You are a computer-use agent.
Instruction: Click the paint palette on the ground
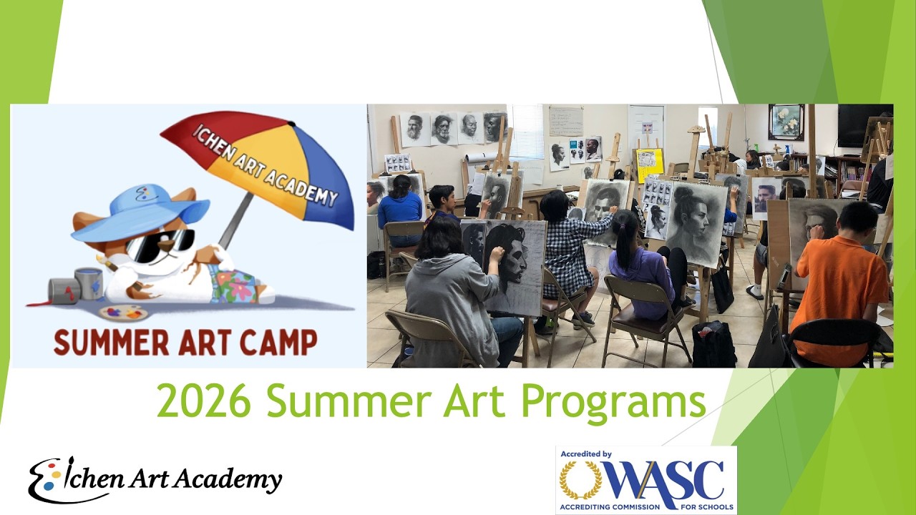123,313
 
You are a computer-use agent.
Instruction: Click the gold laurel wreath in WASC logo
580,481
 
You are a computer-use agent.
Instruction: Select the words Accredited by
586,453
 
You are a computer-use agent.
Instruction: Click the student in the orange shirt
839,279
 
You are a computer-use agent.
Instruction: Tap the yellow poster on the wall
650,165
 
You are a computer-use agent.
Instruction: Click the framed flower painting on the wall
786,122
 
